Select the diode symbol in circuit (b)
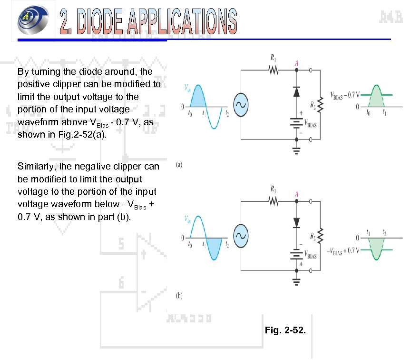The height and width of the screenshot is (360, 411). click(296, 221)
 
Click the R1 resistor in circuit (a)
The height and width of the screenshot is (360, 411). click(274, 70)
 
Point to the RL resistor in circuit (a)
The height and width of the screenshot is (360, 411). click(320, 104)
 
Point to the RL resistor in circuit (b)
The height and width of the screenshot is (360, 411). click(320, 235)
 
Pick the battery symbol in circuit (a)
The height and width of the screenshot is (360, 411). click(296, 122)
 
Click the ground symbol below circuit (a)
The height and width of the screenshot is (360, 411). click(296, 151)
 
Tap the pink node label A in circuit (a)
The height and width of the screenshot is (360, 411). click(296, 62)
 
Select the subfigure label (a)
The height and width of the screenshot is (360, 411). click(179, 165)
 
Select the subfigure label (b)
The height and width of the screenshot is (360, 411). click(179, 296)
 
